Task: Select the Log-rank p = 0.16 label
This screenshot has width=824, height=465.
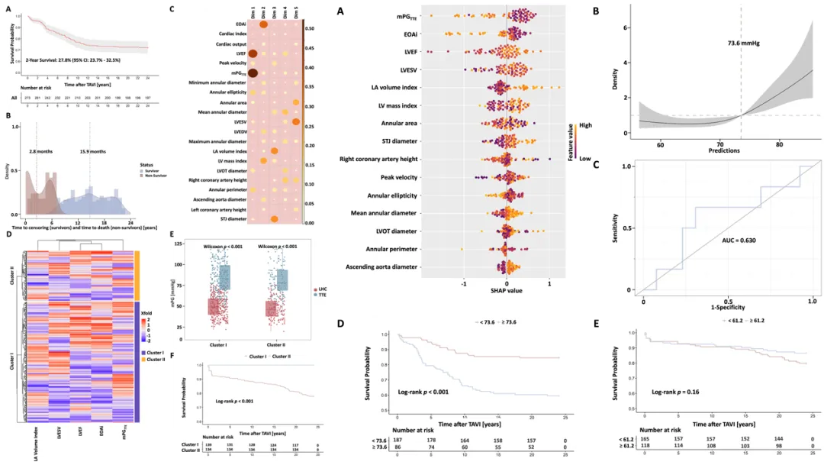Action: tap(677, 392)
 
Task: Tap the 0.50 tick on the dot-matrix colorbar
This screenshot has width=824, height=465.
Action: tap(311, 27)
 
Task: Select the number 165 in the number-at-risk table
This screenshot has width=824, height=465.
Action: tap(645, 439)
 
